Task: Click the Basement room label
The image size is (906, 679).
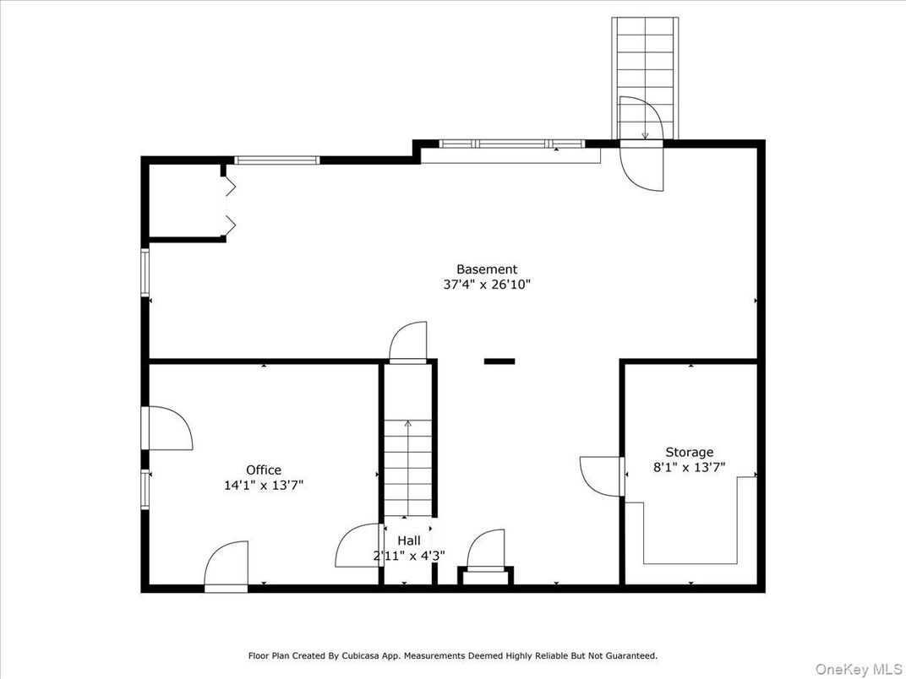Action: pyautogui.click(x=487, y=269)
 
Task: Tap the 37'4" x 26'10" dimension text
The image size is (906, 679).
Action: pyautogui.click(x=487, y=285)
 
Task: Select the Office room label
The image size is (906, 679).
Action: pyautogui.click(x=264, y=470)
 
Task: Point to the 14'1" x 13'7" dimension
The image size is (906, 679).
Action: pyautogui.click(x=264, y=486)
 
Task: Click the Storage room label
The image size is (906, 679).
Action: pyautogui.click(x=689, y=453)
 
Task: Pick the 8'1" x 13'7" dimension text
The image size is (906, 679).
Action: pyautogui.click(x=689, y=467)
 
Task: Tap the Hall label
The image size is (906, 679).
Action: pyautogui.click(x=409, y=540)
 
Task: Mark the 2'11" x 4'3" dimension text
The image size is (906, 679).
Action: pyautogui.click(x=409, y=556)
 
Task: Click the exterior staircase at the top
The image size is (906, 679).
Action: pyautogui.click(x=644, y=68)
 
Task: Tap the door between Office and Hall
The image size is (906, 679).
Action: pyautogui.click(x=359, y=546)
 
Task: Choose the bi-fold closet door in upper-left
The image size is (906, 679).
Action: pyautogui.click(x=227, y=203)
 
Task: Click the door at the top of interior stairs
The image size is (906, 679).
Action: pyautogui.click(x=408, y=342)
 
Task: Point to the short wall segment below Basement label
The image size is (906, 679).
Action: pyautogui.click(x=499, y=361)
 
